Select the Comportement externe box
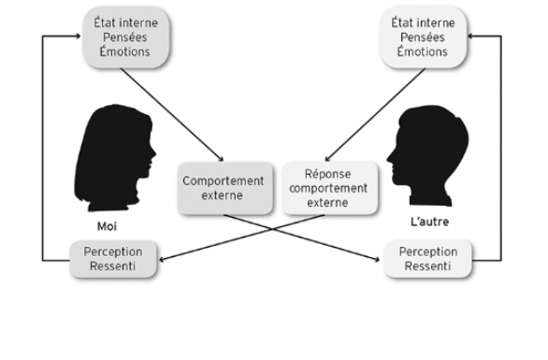click(x=223, y=188)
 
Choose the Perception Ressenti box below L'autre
click(x=427, y=259)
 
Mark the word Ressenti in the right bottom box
click(x=427, y=266)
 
